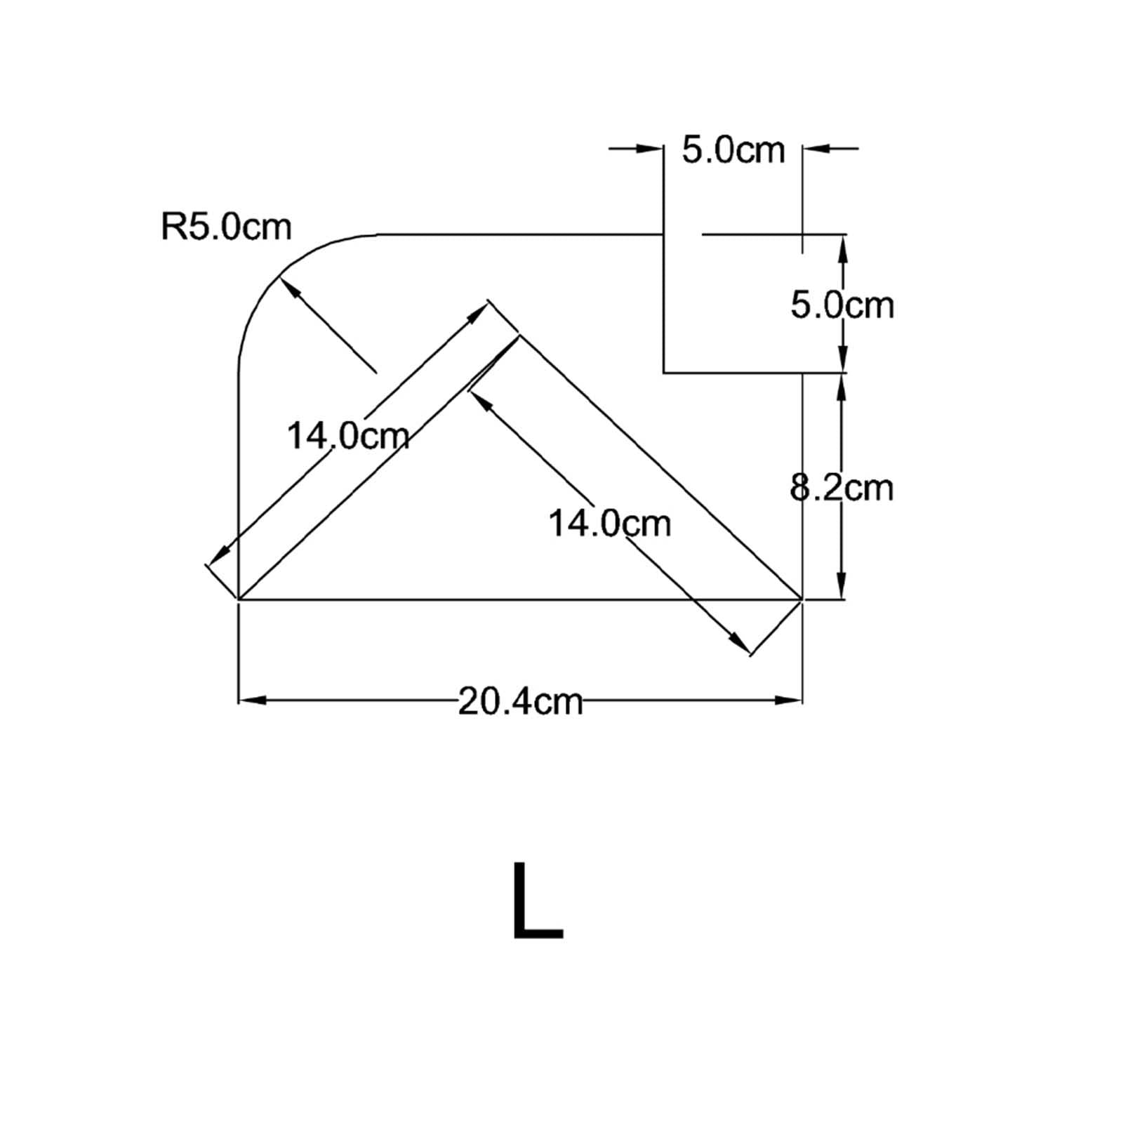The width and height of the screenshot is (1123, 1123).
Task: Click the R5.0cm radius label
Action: (226, 227)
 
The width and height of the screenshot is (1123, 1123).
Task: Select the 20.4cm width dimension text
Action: (520, 700)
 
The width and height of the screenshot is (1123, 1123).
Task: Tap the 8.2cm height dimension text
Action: (842, 487)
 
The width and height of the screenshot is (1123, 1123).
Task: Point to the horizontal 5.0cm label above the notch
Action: (733, 151)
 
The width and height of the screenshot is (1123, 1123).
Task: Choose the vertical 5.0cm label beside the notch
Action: (842, 305)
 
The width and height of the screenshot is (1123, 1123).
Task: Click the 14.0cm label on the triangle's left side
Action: (348, 436)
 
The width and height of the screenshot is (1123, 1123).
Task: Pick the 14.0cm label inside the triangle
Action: (609, 524)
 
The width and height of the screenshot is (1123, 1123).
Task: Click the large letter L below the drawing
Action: (537, 901)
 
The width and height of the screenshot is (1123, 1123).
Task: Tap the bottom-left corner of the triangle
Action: (240, 599)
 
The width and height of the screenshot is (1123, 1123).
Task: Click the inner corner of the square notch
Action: (664, 372)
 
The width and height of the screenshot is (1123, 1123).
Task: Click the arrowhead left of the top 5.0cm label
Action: (651, 148)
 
